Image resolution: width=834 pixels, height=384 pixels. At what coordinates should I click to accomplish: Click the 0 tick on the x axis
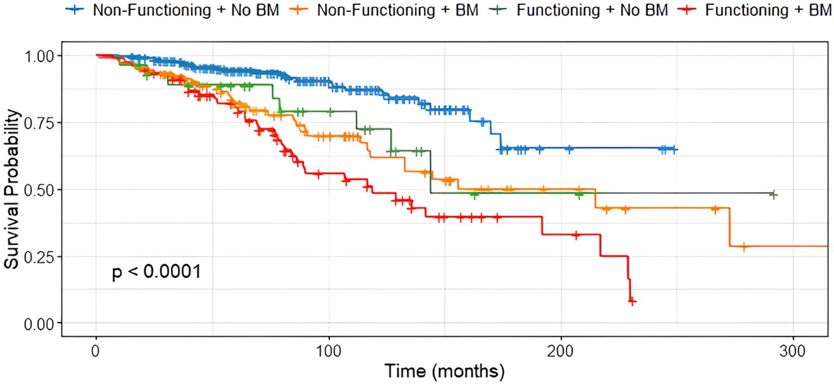pos(96,348)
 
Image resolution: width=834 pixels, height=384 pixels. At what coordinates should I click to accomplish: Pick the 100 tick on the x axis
pos(329,348)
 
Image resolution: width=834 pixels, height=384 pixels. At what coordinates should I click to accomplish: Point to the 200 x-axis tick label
pos(561,348)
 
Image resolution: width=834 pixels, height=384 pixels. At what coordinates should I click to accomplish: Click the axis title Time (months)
pos(444,371)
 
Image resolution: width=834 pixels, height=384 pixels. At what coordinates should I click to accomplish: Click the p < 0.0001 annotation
pos(156,271)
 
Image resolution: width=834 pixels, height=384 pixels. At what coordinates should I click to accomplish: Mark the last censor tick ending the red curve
pos(632,301)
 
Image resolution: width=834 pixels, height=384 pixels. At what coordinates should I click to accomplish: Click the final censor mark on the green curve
pos(774,195)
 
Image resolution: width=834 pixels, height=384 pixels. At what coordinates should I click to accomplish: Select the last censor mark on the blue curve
pos(674,149)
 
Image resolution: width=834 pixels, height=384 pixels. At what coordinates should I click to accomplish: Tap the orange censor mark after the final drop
pos(744,246)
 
